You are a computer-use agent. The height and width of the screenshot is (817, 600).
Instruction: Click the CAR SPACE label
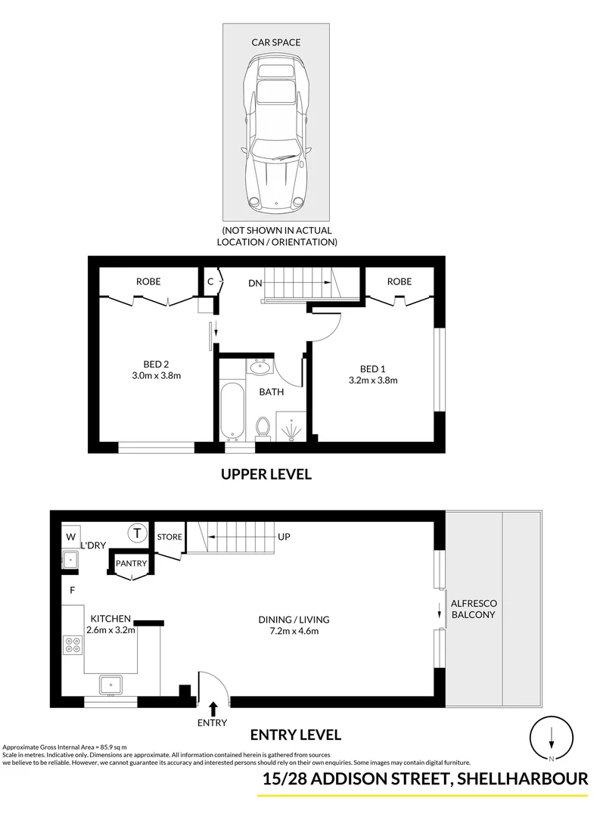[275, 42]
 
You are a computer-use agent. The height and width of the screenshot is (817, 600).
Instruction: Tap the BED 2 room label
[155, 363]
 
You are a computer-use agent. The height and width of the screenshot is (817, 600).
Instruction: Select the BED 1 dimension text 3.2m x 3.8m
[374, 381]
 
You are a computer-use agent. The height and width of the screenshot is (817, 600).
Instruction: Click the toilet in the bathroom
[263, 427]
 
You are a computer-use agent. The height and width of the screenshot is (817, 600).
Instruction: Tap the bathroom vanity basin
[261, 368]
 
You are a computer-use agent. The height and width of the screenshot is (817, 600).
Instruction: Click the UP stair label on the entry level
[284, 537]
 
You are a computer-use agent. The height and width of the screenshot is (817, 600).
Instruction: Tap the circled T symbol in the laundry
[137, 533]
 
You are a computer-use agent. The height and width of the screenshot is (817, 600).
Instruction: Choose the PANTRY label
[132, 564]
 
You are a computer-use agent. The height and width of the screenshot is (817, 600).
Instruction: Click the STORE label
[169, 537]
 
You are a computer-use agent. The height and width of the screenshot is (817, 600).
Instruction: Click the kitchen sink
[110, 685]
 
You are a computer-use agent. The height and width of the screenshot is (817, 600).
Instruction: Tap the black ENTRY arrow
[213, 709]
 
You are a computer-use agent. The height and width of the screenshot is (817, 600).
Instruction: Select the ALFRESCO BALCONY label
[472, 609]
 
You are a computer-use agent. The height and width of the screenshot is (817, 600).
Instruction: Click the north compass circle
[552, 739]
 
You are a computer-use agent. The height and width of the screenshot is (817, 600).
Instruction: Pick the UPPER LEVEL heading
[266, 474]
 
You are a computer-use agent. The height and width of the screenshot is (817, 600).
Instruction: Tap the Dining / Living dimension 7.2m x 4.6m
[294, 630]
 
